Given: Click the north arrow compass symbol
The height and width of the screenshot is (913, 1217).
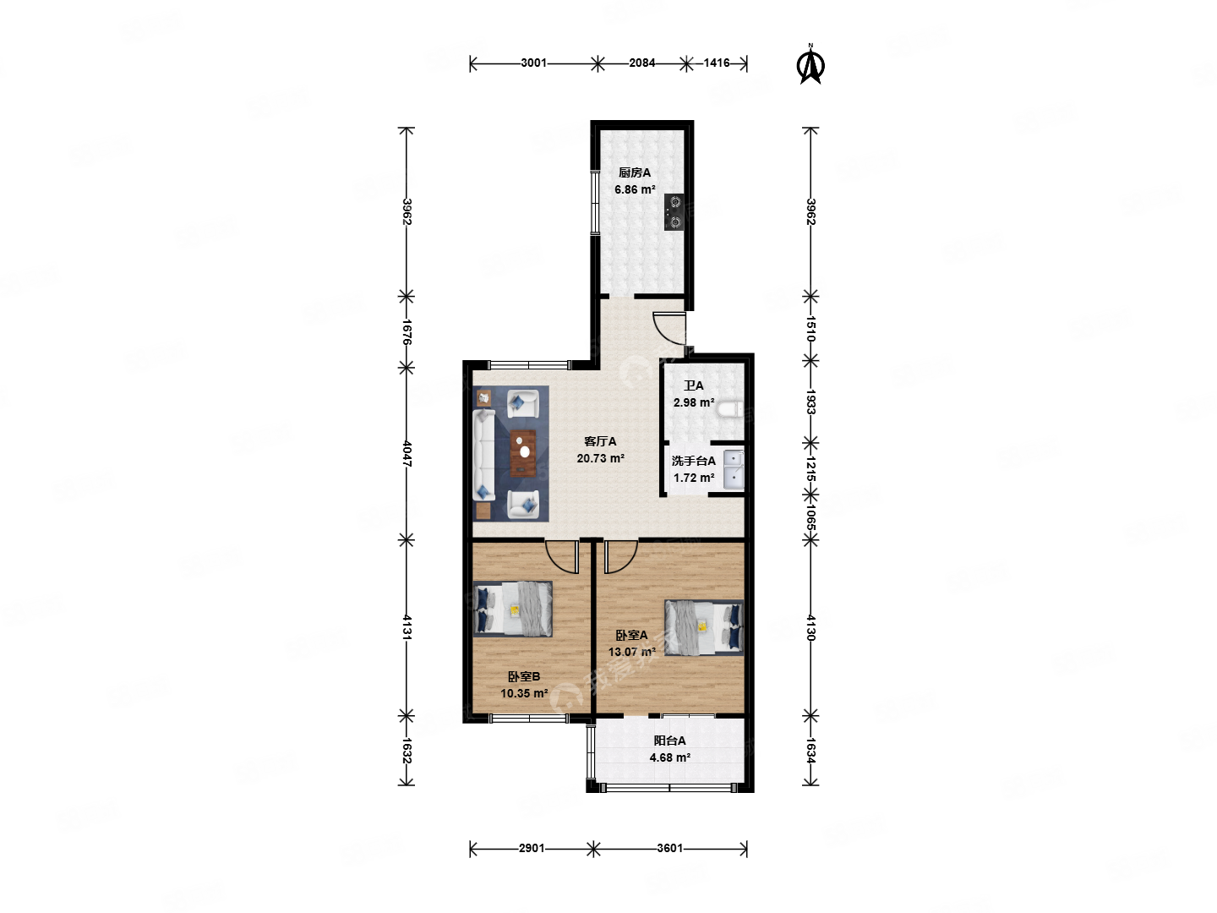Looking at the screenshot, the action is pyautogui.click(x=810, y=65).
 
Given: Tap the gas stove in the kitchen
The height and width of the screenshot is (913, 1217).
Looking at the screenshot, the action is pyautogui.click(x=674, y=212).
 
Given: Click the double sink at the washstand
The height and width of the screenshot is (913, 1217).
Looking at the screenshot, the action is pyautogui.click(x=734, y=469).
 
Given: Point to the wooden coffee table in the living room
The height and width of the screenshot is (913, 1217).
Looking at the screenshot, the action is pyautogui.click(x=523, y=453).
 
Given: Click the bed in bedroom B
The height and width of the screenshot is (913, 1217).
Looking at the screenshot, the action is pyautogui.click(x=513, y=609).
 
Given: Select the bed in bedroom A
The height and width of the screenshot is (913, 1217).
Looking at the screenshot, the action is pyautogui.click(x=704, y=627).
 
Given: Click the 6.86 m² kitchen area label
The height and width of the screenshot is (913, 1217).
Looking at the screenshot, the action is pyautogui.click(x=635, y=189).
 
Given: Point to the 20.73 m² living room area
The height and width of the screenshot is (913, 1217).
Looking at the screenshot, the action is pyautogui.click(x=600, y=458).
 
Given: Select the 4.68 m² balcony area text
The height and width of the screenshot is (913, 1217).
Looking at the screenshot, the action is pyautogui.click(x=669, y=757).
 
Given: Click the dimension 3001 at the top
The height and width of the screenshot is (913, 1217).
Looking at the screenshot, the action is pyautogui.click(x=533, y=63).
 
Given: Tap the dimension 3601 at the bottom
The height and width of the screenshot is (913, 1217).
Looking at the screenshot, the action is pyautogui.click(x=669, y=848).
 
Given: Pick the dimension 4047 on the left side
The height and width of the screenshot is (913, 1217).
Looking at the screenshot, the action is pyautogui.click(x=407, y=453).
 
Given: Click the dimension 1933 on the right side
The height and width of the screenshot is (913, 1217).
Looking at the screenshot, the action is pyautogui.click(x=810, y=402).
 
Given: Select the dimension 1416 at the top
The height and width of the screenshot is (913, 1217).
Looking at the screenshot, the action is pyautogui.click(x=717, y=63).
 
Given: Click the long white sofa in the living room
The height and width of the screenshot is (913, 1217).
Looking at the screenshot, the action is pyautogui.click(x=483, y=455).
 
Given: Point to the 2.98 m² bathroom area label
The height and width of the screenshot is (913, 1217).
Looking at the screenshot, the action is pyautogui.click(x=694, y=402).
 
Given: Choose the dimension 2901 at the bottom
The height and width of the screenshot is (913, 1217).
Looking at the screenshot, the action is pyautogui.click(x=532, y=848).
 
